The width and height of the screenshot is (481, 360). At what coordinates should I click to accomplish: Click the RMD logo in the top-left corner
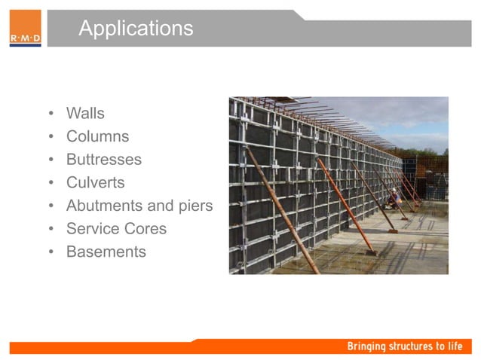25,29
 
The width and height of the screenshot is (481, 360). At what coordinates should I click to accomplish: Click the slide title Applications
136,29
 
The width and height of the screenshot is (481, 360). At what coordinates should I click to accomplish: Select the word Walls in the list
85,114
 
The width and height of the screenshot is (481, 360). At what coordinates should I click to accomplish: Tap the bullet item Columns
97,137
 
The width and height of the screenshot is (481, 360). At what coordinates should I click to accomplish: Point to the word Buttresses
103,160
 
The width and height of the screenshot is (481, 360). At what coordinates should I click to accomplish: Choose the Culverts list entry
95,182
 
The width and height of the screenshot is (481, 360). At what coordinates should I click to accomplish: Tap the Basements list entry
106,252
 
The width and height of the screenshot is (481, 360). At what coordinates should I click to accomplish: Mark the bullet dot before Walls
51,114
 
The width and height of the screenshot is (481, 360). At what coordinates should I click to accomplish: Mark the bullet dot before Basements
51,252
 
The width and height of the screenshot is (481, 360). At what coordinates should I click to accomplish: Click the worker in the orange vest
394,200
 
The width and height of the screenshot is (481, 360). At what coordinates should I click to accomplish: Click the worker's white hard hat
392,191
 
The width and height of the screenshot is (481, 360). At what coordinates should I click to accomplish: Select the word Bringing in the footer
366,346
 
